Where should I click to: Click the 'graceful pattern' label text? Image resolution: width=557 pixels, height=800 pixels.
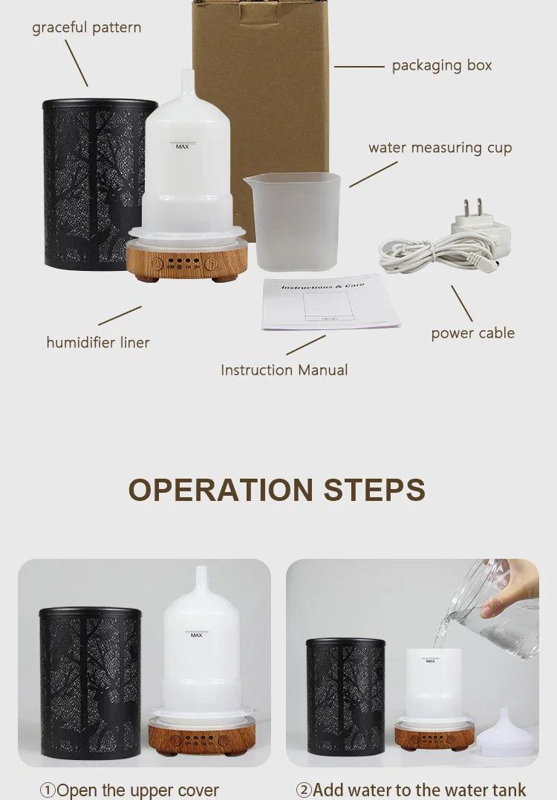(86, 28)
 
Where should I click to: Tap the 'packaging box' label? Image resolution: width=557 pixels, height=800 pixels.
(442, 65)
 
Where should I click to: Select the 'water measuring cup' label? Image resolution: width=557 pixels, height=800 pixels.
(440, 148)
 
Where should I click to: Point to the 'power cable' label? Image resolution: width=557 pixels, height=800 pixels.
(472, 333)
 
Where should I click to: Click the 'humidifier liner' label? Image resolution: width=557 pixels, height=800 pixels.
(98, 342)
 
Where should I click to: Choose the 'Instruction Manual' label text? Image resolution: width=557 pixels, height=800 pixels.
(284, 370)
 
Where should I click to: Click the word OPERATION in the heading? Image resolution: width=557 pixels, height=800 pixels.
(220, 491)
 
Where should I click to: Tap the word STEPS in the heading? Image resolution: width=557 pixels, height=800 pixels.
(374, 491)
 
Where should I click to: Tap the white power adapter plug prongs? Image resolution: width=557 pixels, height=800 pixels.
(468, 209)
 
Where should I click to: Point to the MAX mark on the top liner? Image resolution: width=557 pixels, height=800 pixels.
(182, 146)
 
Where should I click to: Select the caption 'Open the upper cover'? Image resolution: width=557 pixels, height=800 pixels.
(129, 790)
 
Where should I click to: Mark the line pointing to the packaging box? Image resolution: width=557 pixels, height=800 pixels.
(359, 66)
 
